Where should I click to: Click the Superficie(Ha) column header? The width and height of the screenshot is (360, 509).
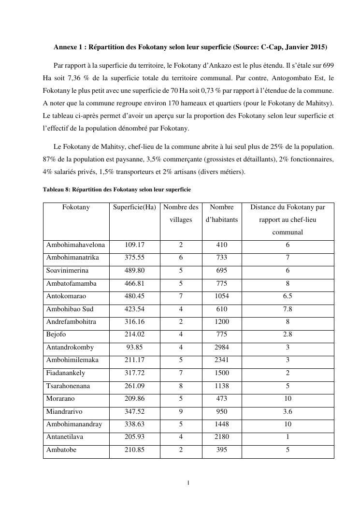[x=134, y=207]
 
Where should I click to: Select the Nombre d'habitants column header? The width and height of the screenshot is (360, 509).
[x=222, y=213]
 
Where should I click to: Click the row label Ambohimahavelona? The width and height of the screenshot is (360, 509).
[x=75, y=245]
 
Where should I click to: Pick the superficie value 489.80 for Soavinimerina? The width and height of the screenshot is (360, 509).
[x=134, y=271]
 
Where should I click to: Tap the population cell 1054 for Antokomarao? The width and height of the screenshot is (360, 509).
[x=222, y=296]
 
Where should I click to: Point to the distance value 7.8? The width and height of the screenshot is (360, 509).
[x=288, y=309]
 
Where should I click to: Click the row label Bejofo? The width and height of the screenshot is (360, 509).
[x=56, y=334]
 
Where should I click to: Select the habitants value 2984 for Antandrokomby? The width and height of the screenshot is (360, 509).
[x=222, y=348]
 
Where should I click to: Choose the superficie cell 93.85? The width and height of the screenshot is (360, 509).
[x=134, y=348]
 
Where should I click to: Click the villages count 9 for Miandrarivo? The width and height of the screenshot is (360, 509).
[x=181, y=412]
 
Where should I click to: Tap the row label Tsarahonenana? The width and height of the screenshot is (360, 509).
[x=68, y=386]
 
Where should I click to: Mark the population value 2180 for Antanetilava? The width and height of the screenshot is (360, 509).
[x=222, y=437]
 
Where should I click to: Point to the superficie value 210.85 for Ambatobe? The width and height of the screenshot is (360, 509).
[x=134, y=450]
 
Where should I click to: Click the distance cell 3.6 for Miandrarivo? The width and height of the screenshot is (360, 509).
[x=288, y=412]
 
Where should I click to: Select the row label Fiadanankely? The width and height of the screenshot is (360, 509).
[x=67, y=373]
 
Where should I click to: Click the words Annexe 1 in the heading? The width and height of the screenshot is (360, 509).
[x=68, y=47]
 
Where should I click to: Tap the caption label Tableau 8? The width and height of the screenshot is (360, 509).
[x=57, y=189]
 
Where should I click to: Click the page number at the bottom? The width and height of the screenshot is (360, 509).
[x=188, y=482]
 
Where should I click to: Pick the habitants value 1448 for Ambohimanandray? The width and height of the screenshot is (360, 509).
[x=222, y=424]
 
